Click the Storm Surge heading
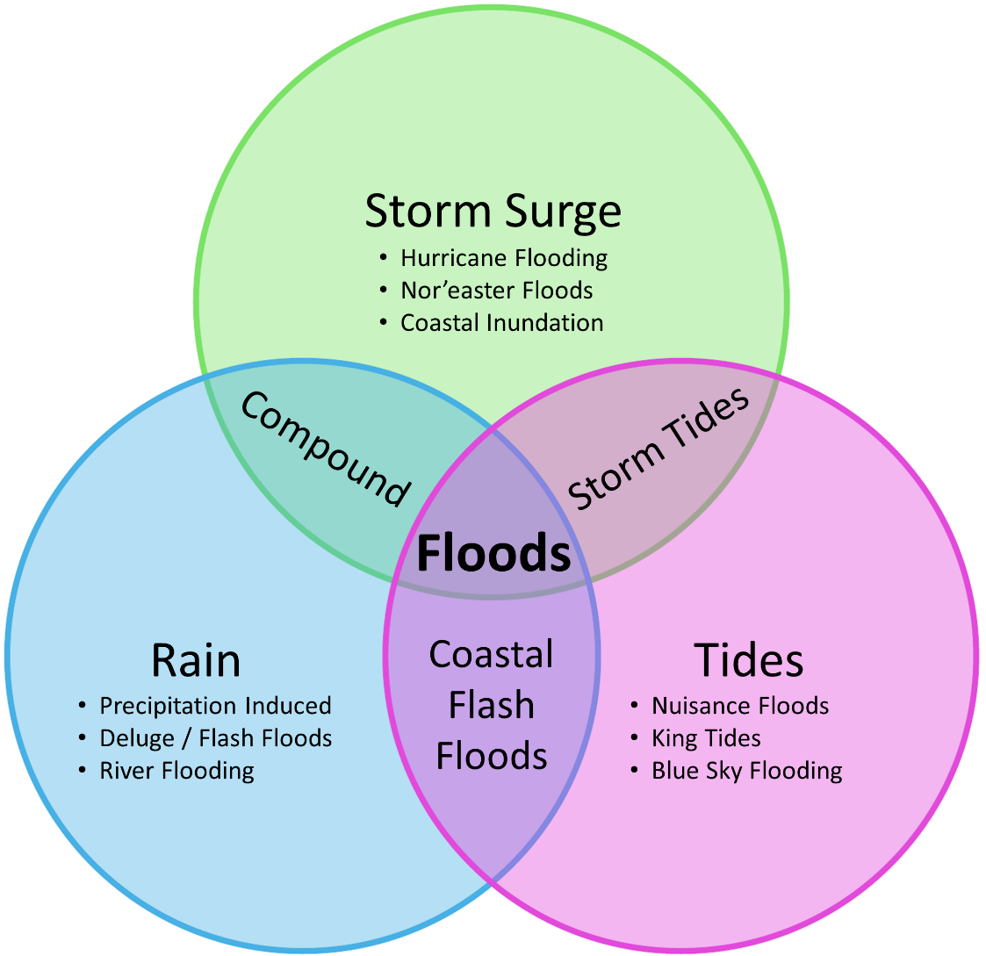click(x=493, y=212)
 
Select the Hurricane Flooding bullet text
click(x=504, y=258)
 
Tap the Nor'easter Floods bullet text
click(x=496, y=291)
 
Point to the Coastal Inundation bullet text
click(x=501, y=323)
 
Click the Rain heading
click(x=196, y=659)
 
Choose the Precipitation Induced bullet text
click(x=215, y=706)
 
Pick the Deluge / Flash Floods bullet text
click(x=215, y=738)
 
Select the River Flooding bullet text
click(x=176, y=771)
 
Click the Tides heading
click(x=748, y=659)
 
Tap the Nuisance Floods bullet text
click(x=739, y=706)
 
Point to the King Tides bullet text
click(x=706, y=738)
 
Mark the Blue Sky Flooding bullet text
click(x=746, y=771)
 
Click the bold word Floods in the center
click(x=493, y=554)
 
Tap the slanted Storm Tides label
click(x=659, y=448)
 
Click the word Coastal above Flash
click(x=491, y=655)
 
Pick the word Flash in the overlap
click(x=491, y=705)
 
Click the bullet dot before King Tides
click(x=635, y=738)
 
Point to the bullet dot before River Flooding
click(x=83, y=771)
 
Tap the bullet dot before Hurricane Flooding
click(x=383, y=258)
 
